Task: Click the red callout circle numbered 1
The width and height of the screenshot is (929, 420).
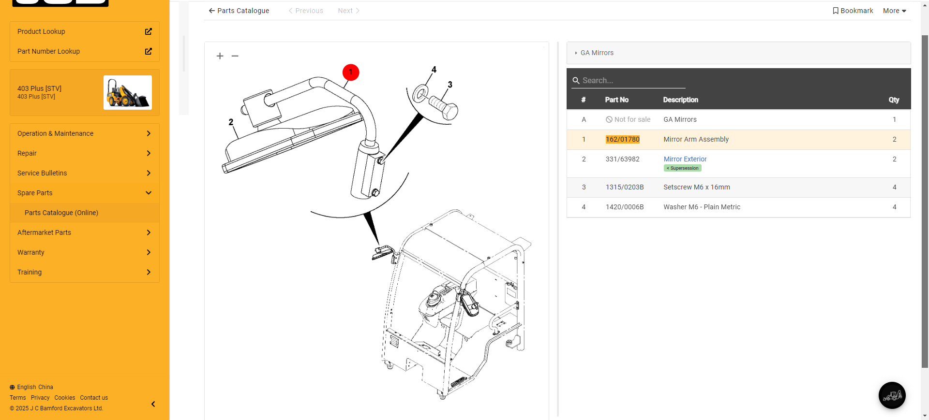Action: click(351, 72)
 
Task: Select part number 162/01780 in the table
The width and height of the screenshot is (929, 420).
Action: click(622, 139)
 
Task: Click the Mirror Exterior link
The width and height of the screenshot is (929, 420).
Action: click(685, 159)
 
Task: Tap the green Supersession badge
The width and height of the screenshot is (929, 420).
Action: click(682, 168)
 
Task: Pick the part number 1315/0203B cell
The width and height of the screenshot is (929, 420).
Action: click(625, 187)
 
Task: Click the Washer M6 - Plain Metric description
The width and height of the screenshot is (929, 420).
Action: click(702, 207)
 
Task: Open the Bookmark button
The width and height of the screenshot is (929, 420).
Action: click(853, 11)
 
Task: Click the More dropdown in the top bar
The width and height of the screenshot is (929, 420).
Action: click(894, 11)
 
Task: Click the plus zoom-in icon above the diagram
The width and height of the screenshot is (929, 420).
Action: click(220, 56)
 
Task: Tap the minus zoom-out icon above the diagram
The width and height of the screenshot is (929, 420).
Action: click(235, 56)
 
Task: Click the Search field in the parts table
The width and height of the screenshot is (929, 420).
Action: click(629, 81)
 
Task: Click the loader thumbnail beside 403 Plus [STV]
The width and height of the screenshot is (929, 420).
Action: click(128, 92)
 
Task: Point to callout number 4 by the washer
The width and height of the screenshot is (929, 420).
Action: click(434, 70)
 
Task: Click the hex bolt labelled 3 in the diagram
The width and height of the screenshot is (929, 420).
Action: click(443, 108)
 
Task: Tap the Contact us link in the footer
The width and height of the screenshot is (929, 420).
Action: click(94, 398)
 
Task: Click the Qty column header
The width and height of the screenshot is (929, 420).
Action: click(894, 100)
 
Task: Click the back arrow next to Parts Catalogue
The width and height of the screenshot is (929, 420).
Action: click(211, 11)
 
